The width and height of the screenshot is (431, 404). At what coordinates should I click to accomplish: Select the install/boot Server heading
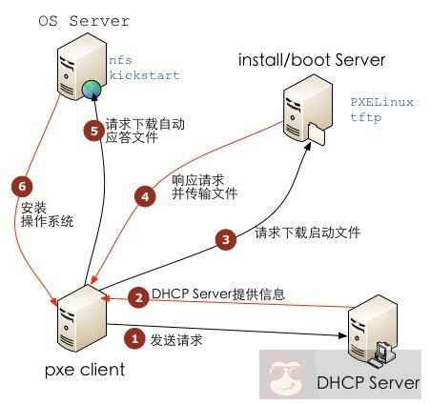point(313,61)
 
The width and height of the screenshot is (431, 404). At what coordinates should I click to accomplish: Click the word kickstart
point(144,74)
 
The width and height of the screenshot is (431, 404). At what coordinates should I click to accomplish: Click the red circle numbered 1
point(135,338)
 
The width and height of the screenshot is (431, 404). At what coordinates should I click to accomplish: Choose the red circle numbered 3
point(225,240)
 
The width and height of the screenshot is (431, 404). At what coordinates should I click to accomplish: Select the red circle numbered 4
point(145,197)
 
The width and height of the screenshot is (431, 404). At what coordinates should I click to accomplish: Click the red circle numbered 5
point(92,132)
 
